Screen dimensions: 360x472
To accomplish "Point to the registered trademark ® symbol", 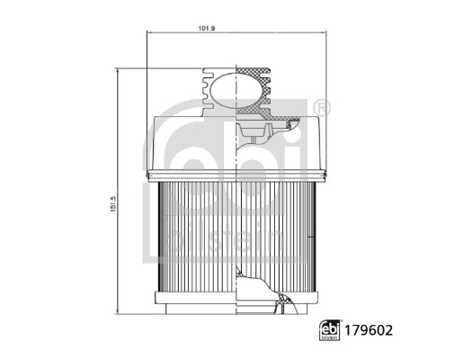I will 324,107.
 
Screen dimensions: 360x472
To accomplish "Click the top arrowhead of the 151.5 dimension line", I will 118,70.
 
